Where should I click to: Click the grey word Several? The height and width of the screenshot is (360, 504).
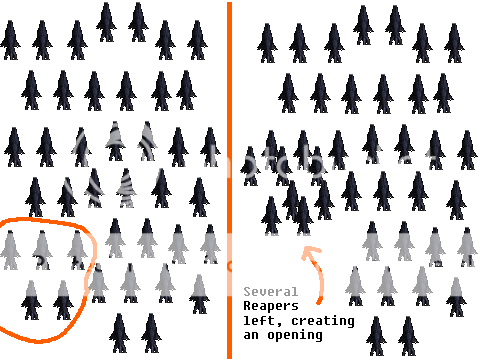(270, 292)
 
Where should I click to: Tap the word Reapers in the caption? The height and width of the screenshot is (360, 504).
(271, 306)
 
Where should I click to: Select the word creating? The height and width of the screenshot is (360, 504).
(323, 321)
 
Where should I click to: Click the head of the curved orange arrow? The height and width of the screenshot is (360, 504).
(307, 251)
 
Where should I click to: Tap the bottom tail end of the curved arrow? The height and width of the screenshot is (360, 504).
(319, 302)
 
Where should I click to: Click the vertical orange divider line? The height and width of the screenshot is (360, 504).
(229, 180)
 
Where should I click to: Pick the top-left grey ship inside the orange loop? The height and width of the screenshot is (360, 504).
(10, 249)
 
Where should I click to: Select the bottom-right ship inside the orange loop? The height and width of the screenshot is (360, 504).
(63, 300)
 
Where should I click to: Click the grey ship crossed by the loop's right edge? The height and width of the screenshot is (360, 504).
(98, 283)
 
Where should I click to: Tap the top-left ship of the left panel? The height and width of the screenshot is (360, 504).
(10, 40)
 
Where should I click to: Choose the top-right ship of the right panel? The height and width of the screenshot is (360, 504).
(454, 43)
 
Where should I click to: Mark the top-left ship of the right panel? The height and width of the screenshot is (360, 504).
(267, 43)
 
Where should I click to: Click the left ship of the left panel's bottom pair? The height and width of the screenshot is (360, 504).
(119, 333)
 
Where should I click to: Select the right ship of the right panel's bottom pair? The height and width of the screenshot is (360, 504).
(408, 336)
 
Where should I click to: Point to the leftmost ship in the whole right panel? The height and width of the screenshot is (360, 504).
(250, 166)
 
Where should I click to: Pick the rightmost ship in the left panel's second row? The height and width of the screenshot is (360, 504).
(186, 90)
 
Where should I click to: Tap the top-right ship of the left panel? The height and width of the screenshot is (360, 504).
(197, 40)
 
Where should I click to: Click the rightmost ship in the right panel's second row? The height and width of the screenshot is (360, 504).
(443, 93)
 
